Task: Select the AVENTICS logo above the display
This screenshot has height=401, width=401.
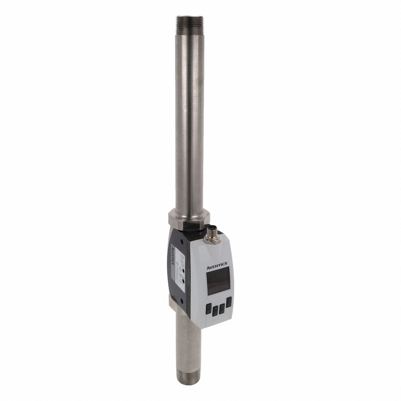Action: tap(218, 265)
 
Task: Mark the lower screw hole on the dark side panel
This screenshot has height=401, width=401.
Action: tap(184, 282)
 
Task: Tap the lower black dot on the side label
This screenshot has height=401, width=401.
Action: tap(184, 282)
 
